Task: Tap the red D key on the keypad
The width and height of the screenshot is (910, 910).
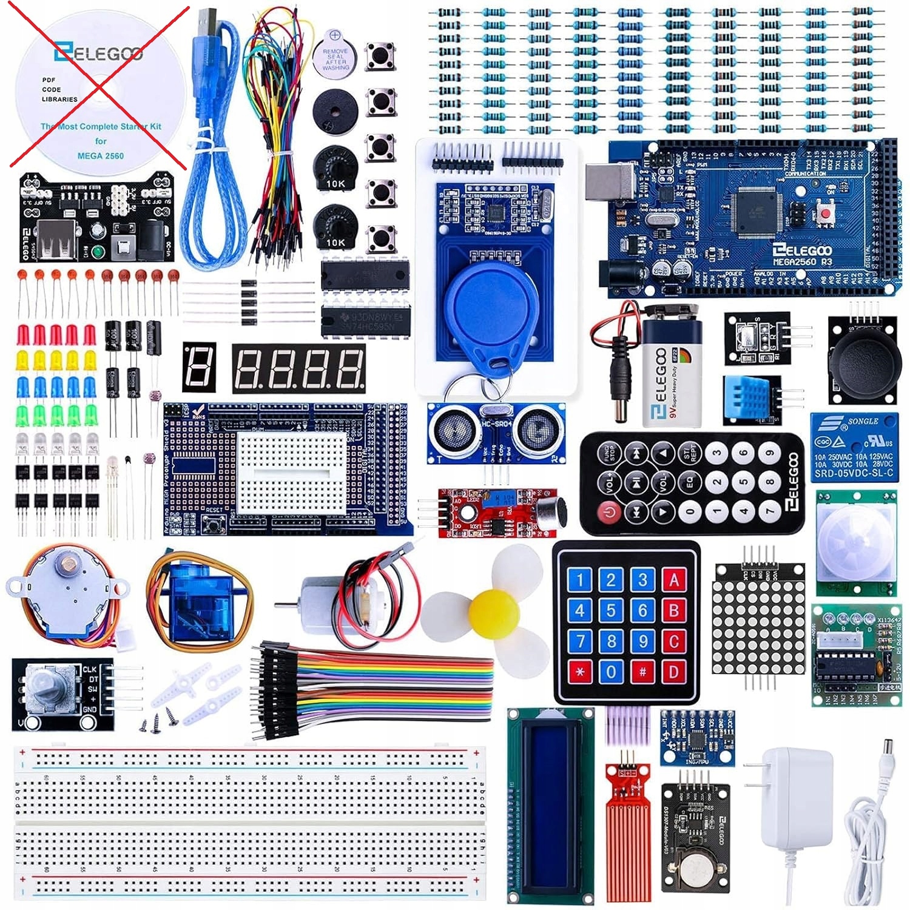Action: point(673,672)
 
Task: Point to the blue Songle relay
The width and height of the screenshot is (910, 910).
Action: point(854,447)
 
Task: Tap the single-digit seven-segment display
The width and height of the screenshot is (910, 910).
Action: point(199,366)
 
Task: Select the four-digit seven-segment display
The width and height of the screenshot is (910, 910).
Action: point(298,368)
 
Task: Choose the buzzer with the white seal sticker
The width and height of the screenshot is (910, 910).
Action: point(335,58)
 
